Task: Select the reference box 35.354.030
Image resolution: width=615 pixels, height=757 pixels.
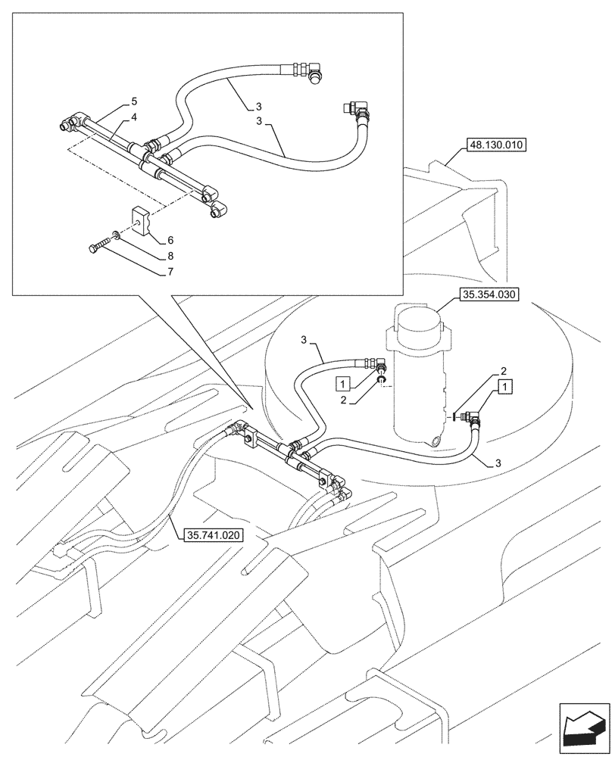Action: tap(487, 295)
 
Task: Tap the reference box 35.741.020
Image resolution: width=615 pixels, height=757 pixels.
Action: tap(213, 535)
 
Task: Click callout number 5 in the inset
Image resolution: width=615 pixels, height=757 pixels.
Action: tap(133, 101)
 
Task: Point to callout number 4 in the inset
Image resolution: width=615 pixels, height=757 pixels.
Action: tap(133, 117)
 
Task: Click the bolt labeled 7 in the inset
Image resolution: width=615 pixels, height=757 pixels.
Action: tap(100, 246)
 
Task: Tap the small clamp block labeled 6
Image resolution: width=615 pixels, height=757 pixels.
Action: tap(142, 219)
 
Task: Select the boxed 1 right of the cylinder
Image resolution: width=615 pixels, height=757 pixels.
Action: tap(505, 386)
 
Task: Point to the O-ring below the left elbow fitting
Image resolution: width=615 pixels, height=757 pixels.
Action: tap(383, 381)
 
